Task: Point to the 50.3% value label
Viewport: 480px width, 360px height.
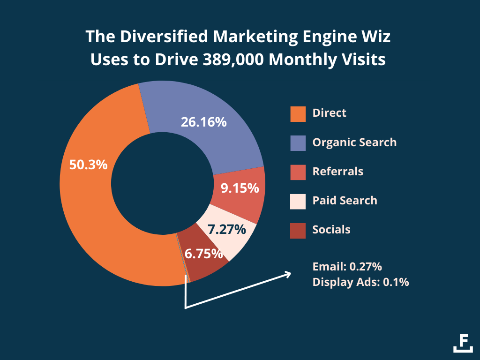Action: [x=89, y=165]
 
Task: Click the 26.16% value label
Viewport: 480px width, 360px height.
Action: [x=203, y=122]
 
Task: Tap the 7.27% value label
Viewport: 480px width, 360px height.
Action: [x=227, y=230]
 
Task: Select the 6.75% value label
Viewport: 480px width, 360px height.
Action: [x=203, y=254]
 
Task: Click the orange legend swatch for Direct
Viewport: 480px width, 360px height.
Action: [x=298, y=114]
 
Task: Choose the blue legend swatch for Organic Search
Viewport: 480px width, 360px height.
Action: [x=298, y=143]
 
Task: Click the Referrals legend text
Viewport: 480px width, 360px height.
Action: [x=337, y=172]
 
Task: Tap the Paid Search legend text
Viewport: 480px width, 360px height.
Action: [x=345, y=201]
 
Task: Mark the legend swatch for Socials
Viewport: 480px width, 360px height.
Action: [x=298, y=231]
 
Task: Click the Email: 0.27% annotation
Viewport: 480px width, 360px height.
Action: [x=347, y=267]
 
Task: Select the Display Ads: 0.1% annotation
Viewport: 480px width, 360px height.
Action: [x=360, y=282]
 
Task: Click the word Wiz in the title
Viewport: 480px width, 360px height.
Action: [x=375, y=36]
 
